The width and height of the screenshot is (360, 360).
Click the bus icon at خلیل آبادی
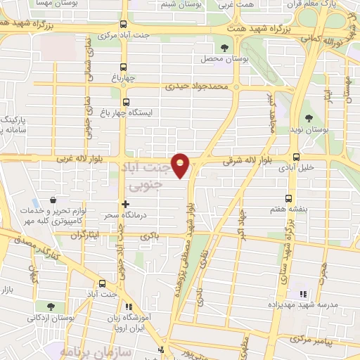[296, 157]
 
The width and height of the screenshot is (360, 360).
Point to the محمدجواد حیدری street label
[198, 88]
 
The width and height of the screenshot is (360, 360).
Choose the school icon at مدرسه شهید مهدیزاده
[304, 294]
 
